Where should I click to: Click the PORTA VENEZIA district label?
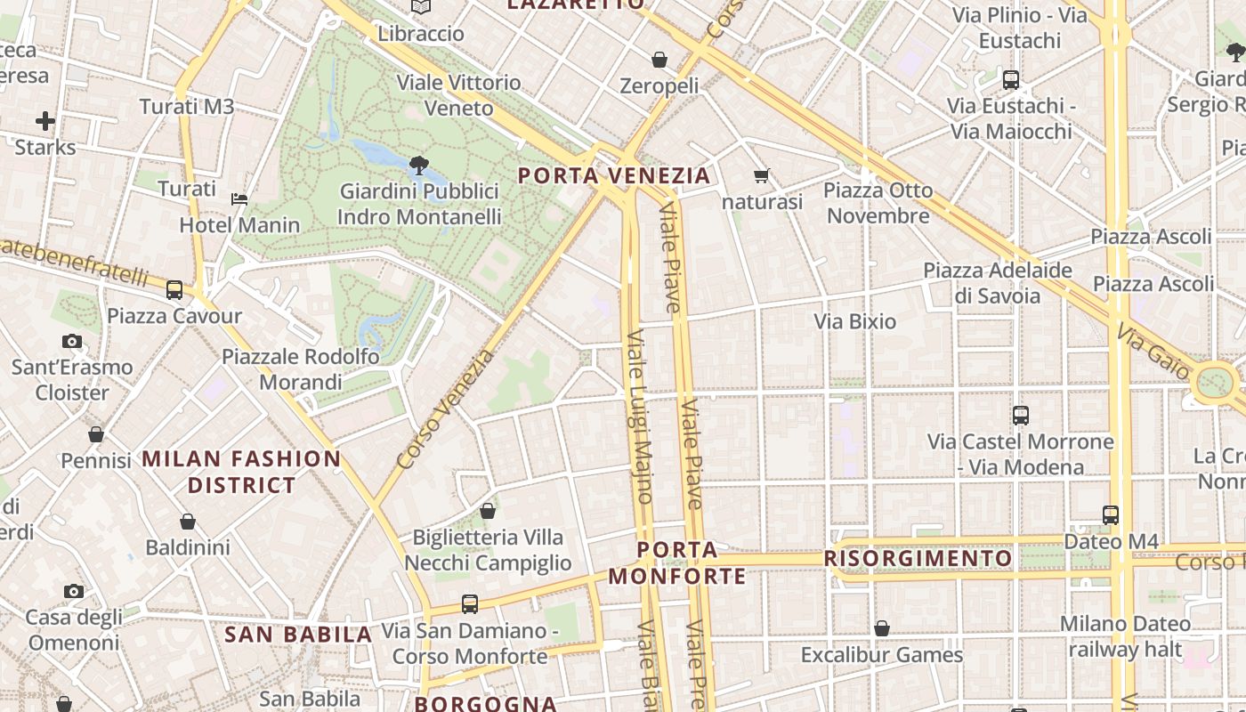(614, 175)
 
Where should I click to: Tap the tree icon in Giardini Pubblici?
(419, 166)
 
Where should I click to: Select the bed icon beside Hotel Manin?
(239, 198)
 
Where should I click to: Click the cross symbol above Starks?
(45, 121)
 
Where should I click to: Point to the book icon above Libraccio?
(421, 7)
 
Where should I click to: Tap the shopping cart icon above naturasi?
(761, 176)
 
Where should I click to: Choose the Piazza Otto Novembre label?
(878, 203)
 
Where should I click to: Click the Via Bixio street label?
(854, 321)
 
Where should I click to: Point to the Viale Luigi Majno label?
(641, 417)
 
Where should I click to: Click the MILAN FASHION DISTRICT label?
(241, 472)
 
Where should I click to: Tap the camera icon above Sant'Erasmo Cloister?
(72, 341)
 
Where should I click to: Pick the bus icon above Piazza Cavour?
(174, 290)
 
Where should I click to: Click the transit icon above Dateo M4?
(1111, 514)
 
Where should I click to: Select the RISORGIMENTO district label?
(918, 559)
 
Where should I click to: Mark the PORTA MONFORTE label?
(678, 562)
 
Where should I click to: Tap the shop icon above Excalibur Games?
(882, 629)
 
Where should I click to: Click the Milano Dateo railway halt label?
(1125, 636)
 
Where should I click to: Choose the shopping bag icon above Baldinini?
(188, 522)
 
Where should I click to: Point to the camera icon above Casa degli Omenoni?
(74, 592)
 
